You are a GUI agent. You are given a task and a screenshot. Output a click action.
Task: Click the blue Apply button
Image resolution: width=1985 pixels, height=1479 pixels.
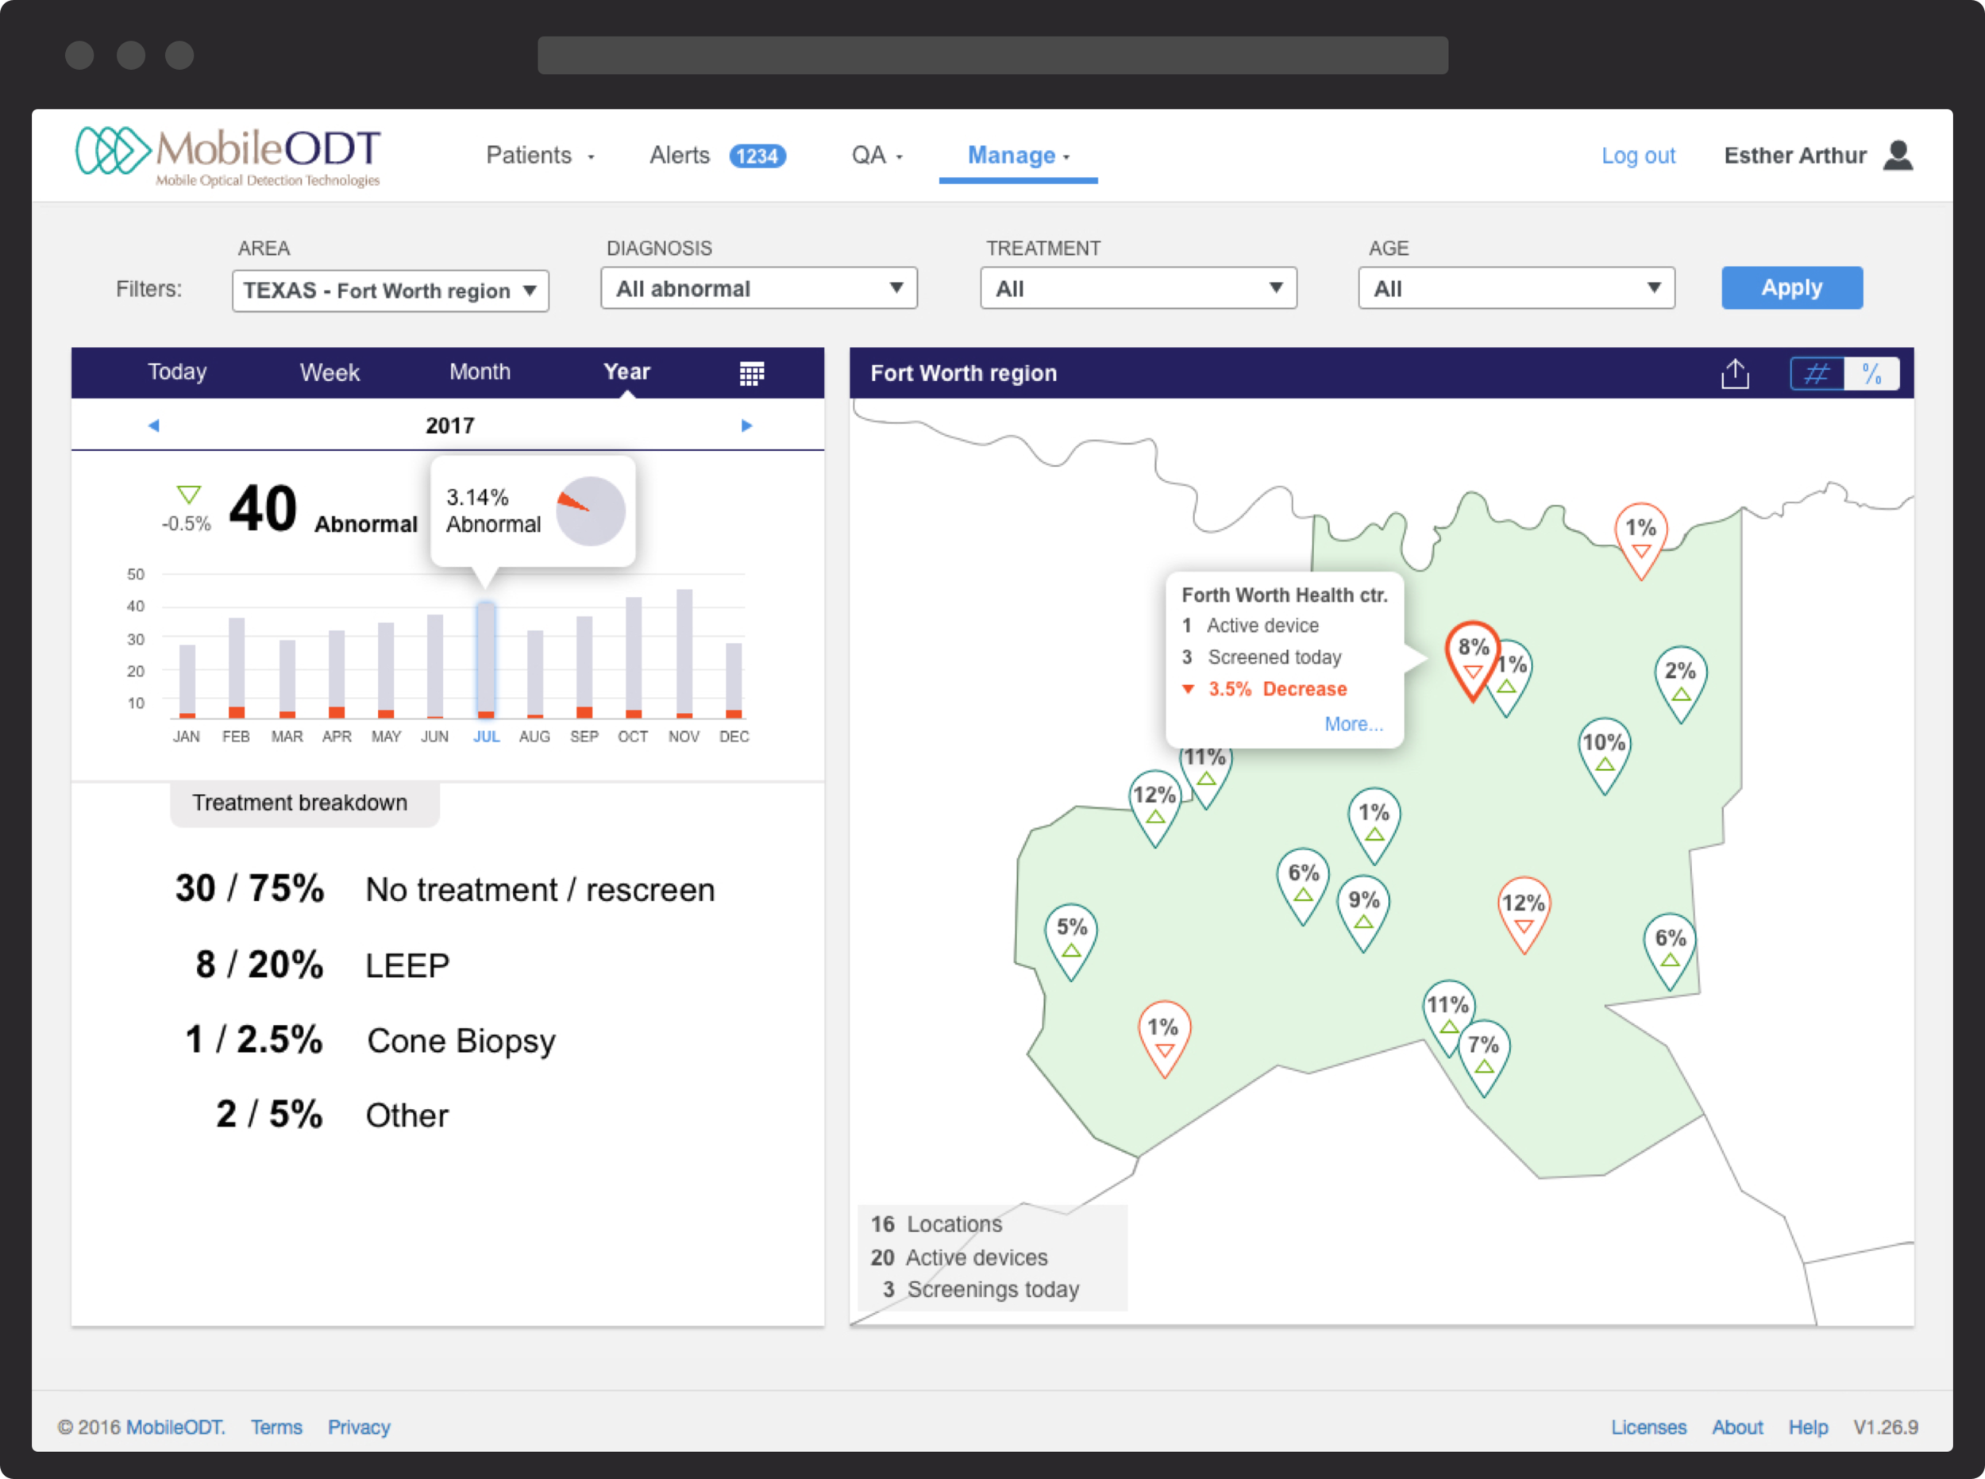point(1790,287)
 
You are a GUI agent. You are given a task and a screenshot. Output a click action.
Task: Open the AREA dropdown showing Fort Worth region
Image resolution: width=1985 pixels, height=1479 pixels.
point(390,291)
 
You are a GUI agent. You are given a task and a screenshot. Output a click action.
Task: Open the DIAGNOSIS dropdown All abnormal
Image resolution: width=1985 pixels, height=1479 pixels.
point(758,288)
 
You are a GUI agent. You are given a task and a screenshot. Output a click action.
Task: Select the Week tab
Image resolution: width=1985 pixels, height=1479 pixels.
point(330,372)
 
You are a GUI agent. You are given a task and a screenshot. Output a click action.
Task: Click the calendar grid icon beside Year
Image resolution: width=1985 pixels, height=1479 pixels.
point(751,373)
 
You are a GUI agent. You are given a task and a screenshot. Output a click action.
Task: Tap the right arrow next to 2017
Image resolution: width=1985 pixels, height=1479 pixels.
point(746,426)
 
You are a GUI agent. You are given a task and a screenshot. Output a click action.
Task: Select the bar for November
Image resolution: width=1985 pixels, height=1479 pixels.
point(684,653)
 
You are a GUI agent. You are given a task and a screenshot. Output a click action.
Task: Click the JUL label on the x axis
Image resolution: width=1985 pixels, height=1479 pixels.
point(486,736)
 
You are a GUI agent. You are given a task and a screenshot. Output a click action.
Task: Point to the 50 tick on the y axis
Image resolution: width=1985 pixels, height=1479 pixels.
point(135,574)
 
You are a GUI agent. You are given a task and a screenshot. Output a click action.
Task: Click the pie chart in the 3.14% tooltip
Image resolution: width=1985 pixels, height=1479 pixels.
point(590,511)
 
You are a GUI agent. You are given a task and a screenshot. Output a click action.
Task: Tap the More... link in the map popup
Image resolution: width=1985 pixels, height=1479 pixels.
point(1353,723)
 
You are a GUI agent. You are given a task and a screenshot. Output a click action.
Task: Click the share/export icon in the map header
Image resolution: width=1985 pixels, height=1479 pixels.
point(1734,373)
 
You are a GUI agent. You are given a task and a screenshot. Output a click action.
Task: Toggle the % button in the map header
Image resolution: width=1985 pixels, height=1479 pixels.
point(1871,373)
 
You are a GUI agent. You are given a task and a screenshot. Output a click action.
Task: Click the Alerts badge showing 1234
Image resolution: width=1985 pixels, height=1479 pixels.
point(757,156)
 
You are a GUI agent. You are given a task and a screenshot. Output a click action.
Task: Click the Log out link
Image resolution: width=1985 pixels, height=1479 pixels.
point(1637,156)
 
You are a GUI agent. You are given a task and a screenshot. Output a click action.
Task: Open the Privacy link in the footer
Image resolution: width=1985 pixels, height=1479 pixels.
point(358,1427)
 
